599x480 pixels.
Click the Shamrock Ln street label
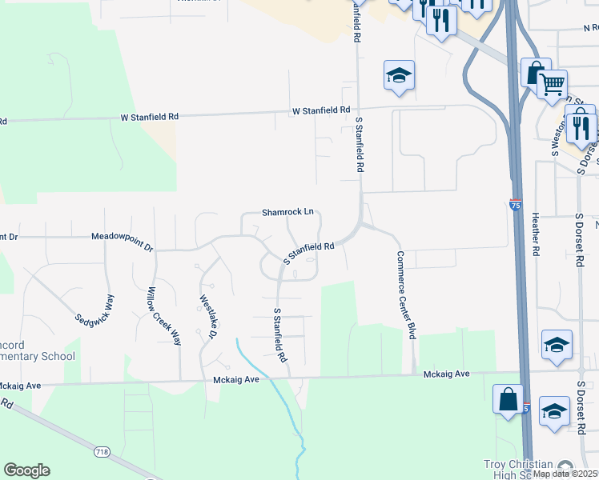point(287,213)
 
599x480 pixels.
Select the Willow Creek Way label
point(165,316)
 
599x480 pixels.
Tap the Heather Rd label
point(531,233)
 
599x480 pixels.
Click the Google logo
point(26,470)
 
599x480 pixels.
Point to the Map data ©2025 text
point(565,474)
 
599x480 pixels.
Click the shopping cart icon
point(553,83)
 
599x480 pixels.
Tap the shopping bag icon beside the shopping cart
point(533,73)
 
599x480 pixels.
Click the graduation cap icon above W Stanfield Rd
point(399,75)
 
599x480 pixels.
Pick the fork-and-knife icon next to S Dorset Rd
point(581,128)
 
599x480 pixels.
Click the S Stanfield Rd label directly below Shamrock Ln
point(316,252)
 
